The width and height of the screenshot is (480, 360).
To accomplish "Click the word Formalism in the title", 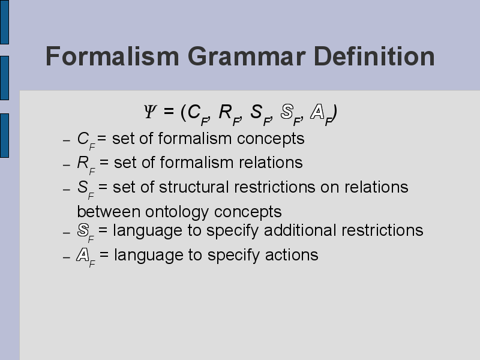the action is click(x=112, y=56).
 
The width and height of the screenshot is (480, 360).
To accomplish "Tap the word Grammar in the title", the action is click(x=247, y=56).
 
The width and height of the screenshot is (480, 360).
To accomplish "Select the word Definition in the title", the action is click(x=374, y=56).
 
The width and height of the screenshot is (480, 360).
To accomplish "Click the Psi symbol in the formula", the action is click(x=150, y=112).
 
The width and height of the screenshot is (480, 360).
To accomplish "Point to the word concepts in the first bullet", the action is click(x=271, y=139).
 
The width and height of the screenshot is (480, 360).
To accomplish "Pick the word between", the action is click(x=109, y=212).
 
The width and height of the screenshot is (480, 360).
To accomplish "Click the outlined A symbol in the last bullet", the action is click(x=83, y=255).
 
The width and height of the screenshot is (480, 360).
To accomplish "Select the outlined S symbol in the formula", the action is click(x=287, y=112).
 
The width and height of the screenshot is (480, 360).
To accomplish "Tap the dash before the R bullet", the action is click(x=67, y=166).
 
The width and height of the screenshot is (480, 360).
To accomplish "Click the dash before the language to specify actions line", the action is click(x=67, y=258).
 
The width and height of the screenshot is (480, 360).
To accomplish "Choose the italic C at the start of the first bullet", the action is click(x=83, y=139).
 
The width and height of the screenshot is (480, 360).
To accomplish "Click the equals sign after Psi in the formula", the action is click(x=169, y=111).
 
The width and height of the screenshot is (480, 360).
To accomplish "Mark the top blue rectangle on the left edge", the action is click(x=4, y=22).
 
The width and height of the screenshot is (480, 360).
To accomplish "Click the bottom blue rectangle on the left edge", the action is click(x=4, y=136).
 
